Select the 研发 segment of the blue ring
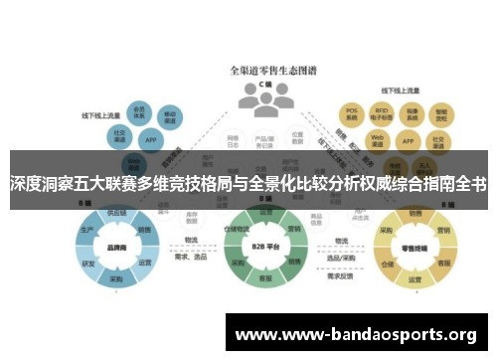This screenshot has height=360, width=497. (89, 264)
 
